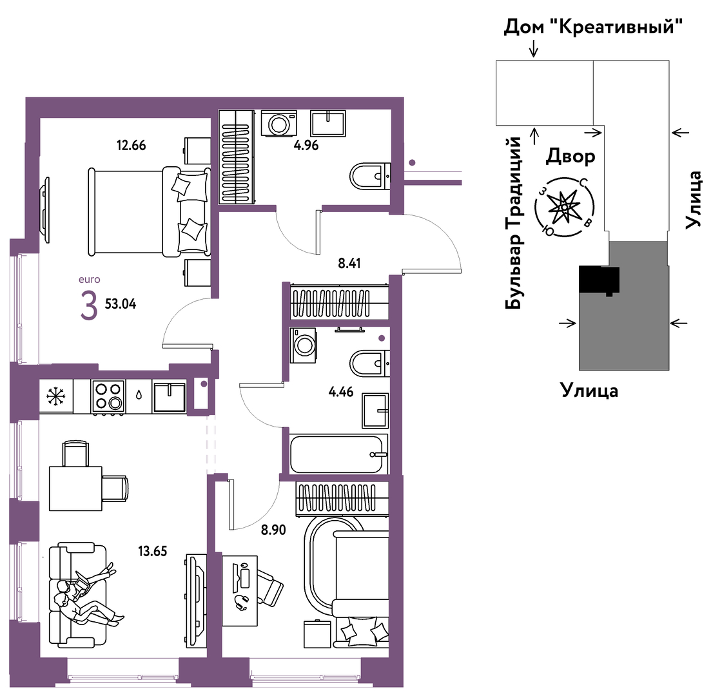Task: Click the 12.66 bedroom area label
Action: click(x=132, y=146)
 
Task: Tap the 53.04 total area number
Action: click(x=121, y=304)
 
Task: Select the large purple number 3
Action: click(x=89, y=307)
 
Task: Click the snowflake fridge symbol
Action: click(x=56, y=396)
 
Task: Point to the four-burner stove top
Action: click(x=109, y=396)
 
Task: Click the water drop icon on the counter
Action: click(x=139, y=396)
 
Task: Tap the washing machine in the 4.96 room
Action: click(x=278, y=123)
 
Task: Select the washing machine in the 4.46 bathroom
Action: click(x=303, y=345)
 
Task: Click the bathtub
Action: click(x=337, y=454)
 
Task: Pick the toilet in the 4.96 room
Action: click(x=370, y=176)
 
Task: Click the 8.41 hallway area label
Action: click(x=349, y=264)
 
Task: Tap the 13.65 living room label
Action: click(x=152, y=551)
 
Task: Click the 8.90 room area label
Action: click(x=273, y=530)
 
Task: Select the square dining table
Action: click(x=75, y=488)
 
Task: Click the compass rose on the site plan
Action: click(x=564, y=208)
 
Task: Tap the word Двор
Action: click(x=571, y=157)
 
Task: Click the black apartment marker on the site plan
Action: click(x=599, y=280)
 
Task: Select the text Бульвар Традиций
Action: click(x=514, y=223)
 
